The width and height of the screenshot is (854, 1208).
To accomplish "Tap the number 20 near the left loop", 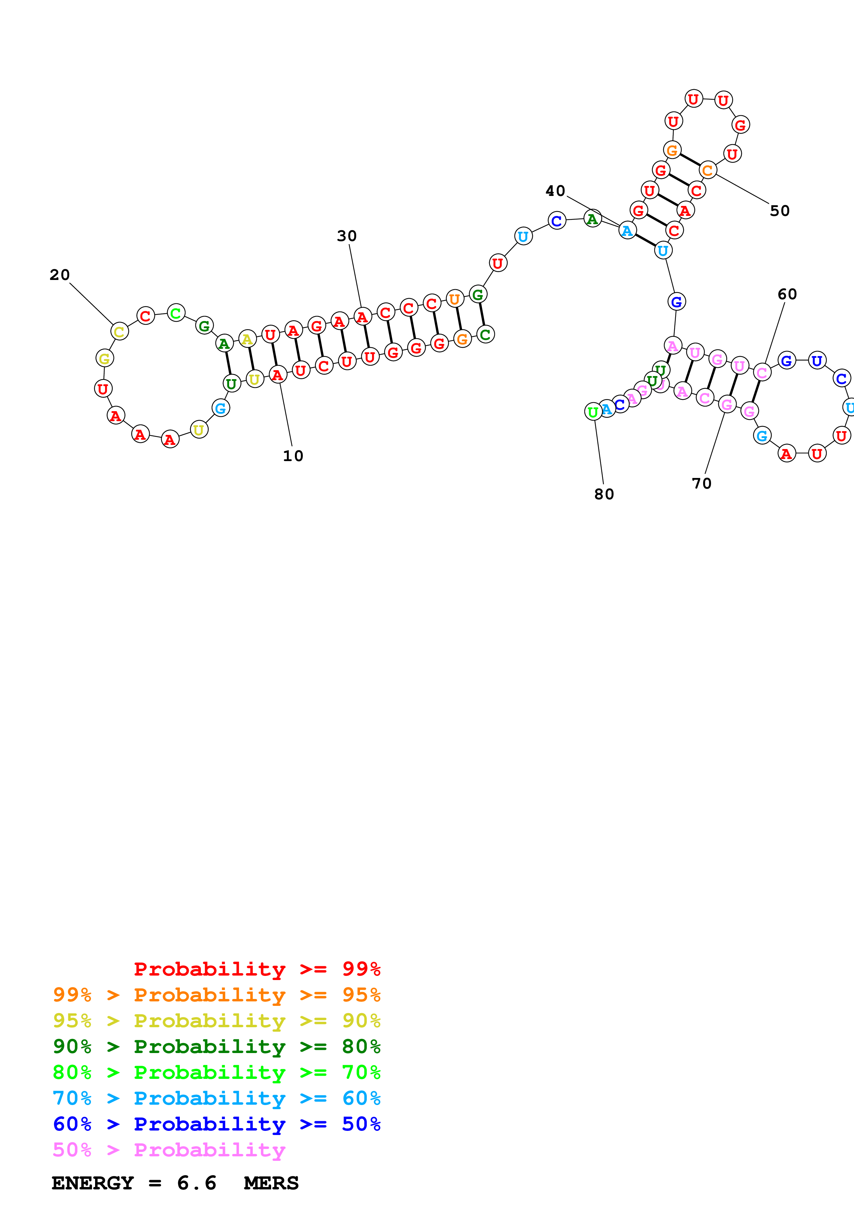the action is (60, 275).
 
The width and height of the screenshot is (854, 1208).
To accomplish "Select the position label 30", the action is (347, 236).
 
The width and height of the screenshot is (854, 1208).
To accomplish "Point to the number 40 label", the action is (555, 190).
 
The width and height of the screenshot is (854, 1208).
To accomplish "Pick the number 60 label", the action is (787, 294).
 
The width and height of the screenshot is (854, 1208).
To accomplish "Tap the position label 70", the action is (701, 483).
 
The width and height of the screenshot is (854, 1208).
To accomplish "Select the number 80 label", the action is (604, 494).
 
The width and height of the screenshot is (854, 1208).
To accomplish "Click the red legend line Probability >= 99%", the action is (257, 969).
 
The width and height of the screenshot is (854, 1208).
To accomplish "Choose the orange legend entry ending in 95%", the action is (216, 995).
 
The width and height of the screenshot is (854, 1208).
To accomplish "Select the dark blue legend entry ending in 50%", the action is (216, 1124).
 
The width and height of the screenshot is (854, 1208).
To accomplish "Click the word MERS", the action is (271, 1183).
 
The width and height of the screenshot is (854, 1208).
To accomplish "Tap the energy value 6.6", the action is (197, 1183).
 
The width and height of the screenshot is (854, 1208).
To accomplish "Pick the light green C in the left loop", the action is (176, 313).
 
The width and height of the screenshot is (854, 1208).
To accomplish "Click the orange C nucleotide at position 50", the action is (708, 170).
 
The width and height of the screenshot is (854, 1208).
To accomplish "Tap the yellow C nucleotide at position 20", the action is (120, 332).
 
